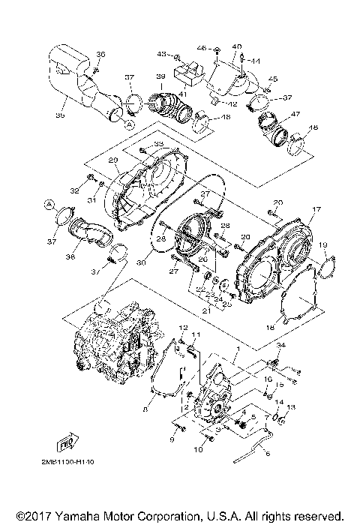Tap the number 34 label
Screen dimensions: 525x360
click(281, 344)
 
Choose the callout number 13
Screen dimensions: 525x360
click(292, 406)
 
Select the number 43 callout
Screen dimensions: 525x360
click(160, 55)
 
